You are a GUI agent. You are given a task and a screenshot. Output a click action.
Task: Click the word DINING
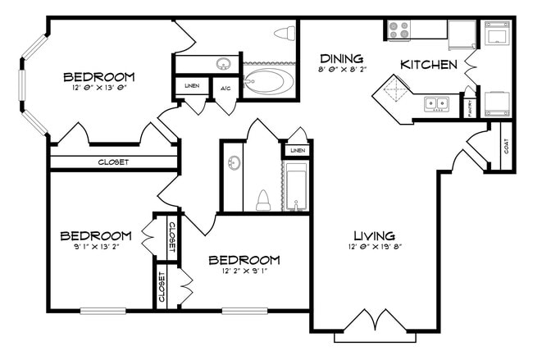point(341,58)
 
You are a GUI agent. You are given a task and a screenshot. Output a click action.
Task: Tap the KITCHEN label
point(428,64)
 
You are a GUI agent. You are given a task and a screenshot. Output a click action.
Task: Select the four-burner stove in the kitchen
point(399,30)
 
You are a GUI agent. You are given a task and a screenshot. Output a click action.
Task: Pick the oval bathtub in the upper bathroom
point(268,83)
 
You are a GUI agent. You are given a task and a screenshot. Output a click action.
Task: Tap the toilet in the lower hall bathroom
point(263,200)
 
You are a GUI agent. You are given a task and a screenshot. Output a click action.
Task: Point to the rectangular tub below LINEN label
point(295,186)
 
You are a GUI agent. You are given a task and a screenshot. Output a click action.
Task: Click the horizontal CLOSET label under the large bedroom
point(113,162)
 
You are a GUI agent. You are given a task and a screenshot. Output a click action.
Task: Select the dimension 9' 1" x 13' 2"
point(96,246)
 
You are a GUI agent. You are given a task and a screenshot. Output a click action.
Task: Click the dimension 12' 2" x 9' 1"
point(244,271)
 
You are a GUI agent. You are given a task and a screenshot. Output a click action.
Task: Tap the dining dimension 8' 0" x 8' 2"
point(341,71)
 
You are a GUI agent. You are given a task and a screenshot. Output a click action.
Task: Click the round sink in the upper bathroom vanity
point(222,64)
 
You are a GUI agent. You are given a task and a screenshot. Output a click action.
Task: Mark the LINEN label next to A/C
point(192,86)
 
